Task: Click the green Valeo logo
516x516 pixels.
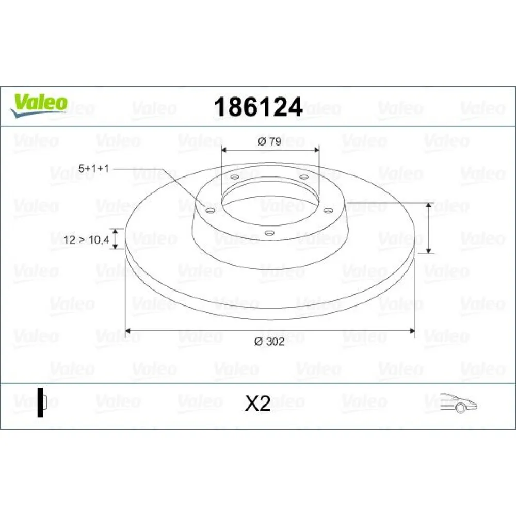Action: click(39, 105)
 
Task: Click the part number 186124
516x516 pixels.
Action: click(258, 107)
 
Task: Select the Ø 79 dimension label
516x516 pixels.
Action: click(269, 141)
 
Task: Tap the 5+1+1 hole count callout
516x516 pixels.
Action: click(93, 169)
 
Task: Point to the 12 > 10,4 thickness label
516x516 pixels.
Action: click(87, 239)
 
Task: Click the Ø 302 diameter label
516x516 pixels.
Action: click(269, 341)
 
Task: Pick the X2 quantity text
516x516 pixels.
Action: click(257, 403)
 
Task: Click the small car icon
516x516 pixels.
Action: click(459, 403)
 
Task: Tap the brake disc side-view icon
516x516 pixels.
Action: click(42, 402)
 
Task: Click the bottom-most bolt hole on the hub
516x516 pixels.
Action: click(269, 233)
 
